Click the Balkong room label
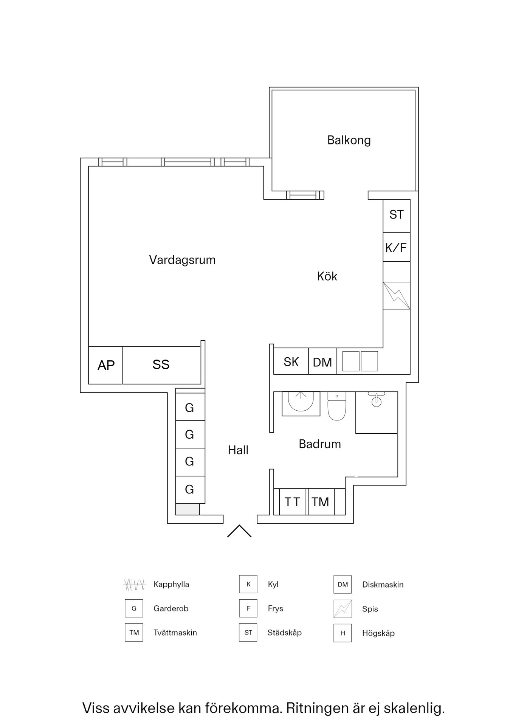tap(349, 140)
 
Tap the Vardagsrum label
tap(182, 260)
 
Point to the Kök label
tap(327, 276)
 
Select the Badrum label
tap(320, 444)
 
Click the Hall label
tap(238, 450)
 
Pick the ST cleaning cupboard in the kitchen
tap(397, 215)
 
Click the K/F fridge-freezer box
tap(396, 248)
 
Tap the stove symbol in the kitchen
tap(397, 296)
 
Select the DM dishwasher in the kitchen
tap(322, 362)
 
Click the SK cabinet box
tap(291, 362)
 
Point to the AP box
tap(106, 365)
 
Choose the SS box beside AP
tap(161, 365)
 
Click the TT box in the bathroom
tap(292, 502)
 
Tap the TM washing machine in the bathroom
tap(321, 502)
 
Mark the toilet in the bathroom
tap(337, 406)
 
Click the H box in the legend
tap(343, 633)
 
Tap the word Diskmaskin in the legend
tap(383, 585)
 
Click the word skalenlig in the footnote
tap(414, 708)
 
